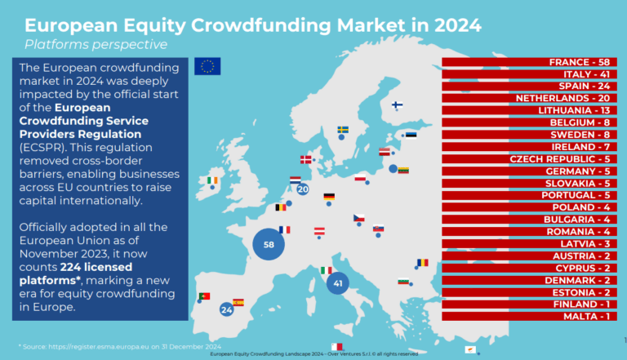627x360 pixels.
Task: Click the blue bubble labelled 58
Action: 268,244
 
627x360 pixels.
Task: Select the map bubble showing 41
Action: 337,283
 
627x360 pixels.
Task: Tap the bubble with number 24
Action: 227,309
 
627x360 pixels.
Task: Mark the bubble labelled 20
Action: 302,189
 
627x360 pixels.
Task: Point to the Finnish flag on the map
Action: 398,105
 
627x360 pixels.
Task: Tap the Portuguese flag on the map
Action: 204,296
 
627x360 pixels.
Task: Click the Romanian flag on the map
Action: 422,262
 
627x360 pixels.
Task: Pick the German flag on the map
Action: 329,197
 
